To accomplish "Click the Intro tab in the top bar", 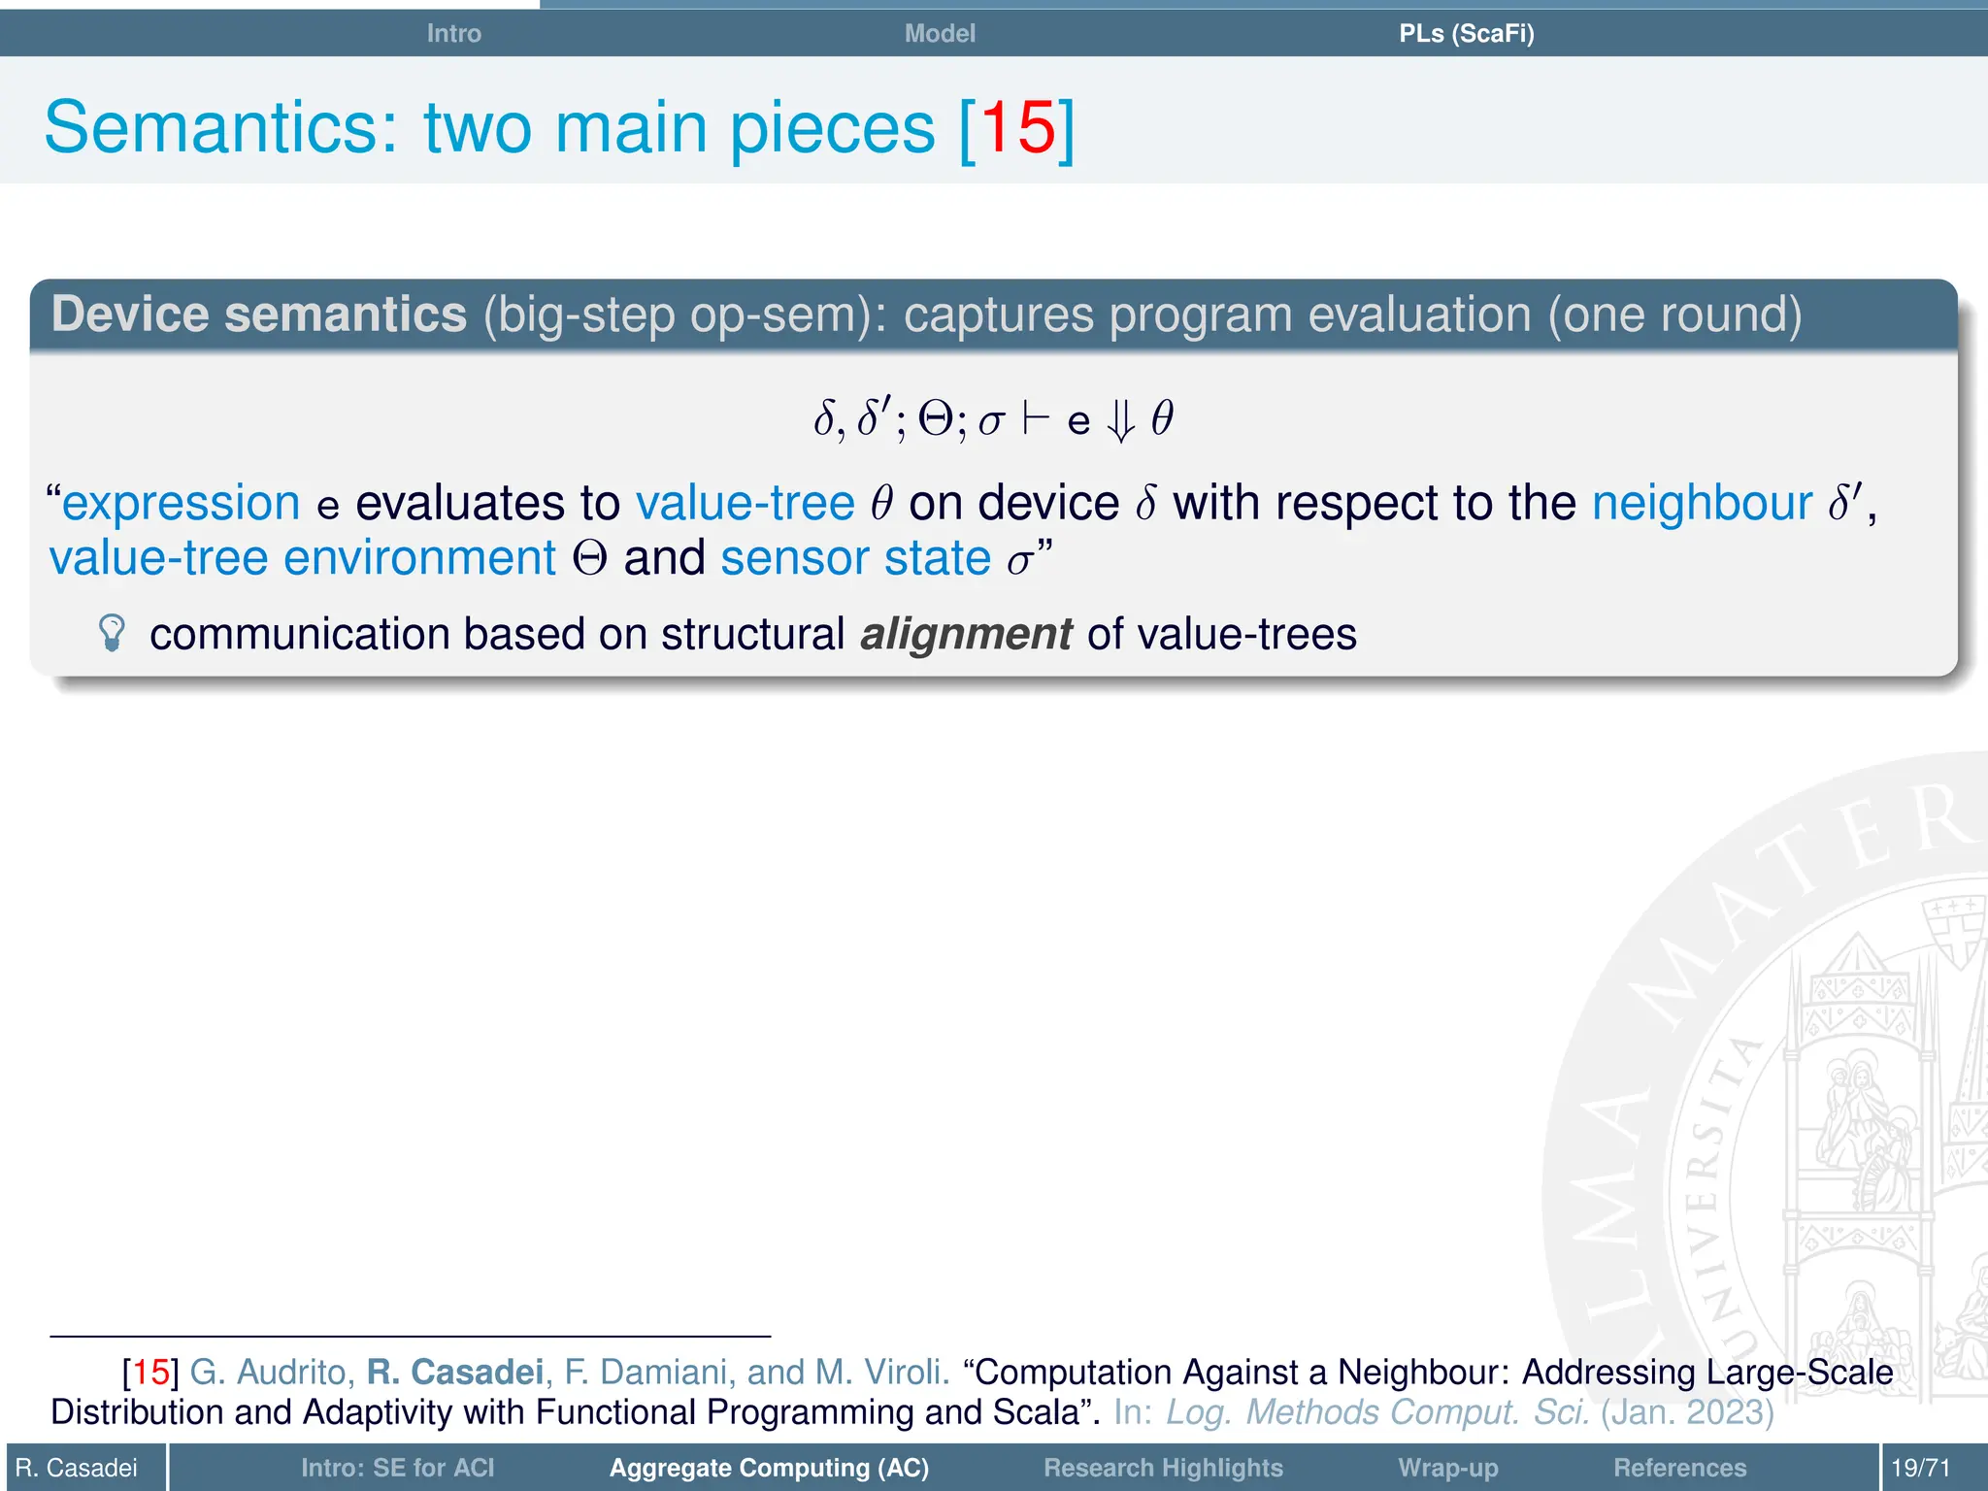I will point(453,33).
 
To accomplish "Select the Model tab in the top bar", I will point(939,33).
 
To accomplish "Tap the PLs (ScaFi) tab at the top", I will point(1466,33).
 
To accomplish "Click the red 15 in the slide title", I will point(1017,127).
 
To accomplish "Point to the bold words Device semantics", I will point(259,315).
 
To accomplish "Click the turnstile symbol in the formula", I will point(1036,419).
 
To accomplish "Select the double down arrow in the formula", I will point(1121,421).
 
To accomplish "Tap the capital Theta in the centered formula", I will point(936,419).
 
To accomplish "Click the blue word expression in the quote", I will point(181,503).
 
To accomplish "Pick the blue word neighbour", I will point(1702,503).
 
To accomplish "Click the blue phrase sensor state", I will point(855,558).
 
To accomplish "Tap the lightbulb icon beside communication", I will point(113,633).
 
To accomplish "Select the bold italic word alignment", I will point(966,634).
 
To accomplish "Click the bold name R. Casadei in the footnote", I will point(454,1372).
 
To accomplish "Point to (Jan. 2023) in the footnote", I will point(1687,1411).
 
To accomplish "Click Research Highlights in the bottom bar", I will point(1163,1468).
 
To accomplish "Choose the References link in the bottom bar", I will point(1679,1468).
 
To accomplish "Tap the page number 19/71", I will point(1920,1468).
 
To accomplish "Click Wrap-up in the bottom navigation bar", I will point(1448,1468).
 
